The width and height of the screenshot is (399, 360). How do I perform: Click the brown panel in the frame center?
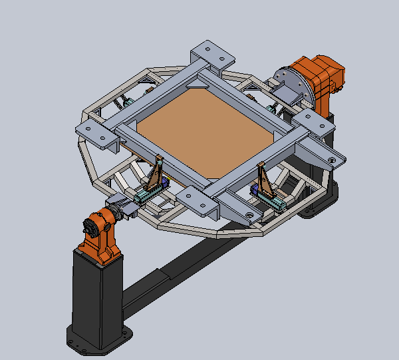(199, 133)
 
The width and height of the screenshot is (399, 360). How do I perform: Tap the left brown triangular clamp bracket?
(157, 176)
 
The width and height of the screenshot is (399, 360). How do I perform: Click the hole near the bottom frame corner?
(249, 215)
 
